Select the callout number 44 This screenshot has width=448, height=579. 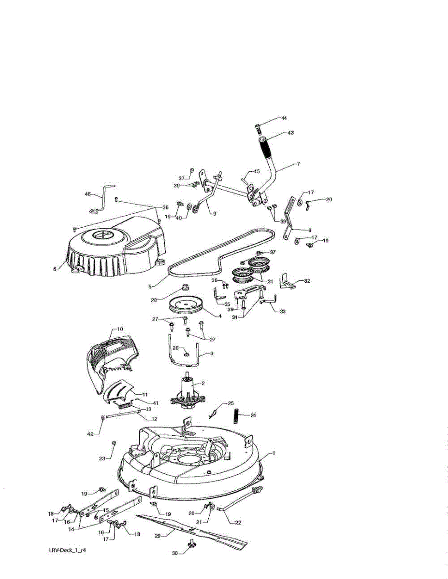(x=284, y=118)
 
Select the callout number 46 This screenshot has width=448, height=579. (x=87, y=194)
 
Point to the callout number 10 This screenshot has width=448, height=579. (x=120, y=329)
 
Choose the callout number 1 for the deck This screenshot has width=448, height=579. (x=274, y=454)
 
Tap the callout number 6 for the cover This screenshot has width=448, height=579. (x=55, y=268)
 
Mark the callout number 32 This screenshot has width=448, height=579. (x=307, y=280)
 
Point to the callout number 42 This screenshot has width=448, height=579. (x=90, y=434)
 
